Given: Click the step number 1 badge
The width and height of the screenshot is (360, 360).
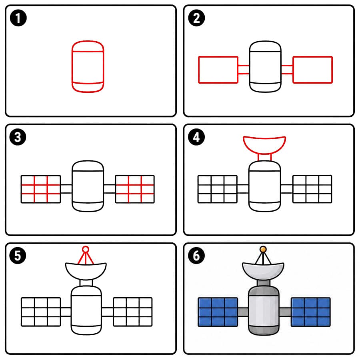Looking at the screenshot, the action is point(18,18).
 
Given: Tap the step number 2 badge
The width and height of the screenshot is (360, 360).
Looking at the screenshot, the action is point(196,18).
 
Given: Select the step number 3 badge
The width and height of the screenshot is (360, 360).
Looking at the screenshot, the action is point(18,137).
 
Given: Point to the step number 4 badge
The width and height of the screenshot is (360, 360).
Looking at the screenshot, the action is point(196,137).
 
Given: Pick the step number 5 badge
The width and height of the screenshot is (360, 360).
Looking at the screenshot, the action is point(18,256).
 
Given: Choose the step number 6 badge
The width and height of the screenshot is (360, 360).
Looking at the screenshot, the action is point(196,256).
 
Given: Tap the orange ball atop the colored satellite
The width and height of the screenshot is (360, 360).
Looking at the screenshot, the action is point(263,249).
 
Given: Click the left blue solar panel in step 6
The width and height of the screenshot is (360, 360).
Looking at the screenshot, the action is point(218,312).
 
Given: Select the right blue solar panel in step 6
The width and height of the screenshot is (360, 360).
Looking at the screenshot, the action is point(311,312).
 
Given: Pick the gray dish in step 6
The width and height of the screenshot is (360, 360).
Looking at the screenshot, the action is point(263,271).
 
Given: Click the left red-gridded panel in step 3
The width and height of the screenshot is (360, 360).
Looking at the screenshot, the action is point(41,189).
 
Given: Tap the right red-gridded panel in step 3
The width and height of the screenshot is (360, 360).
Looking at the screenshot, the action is point(135,189).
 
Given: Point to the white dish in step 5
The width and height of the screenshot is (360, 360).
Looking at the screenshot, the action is point(86,271).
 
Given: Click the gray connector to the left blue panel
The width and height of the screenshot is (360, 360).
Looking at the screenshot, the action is point(243,312).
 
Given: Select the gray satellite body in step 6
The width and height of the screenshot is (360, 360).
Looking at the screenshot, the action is point(264,310).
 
